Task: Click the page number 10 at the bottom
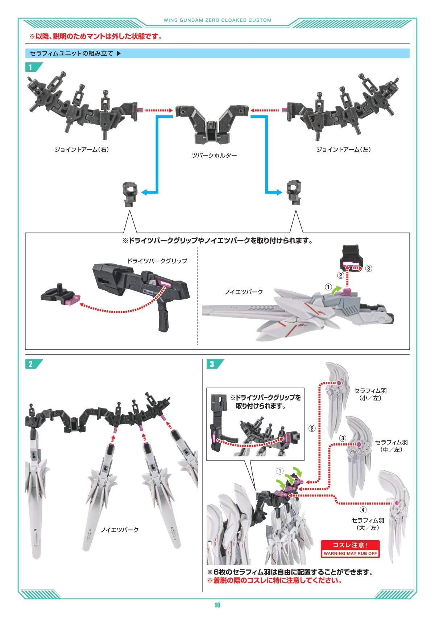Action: click(x=217, y=605)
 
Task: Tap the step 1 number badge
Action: click(x=31, y=67)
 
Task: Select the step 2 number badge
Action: click(x=31, y=364)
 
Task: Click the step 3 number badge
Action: click(x=212, y=364)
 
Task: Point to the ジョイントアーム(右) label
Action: click(x=82, y=149)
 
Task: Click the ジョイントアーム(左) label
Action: click(x=343, y=149)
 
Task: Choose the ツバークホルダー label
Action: click(x=214, y=156)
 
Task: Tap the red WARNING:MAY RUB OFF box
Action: click(x=350, y=549)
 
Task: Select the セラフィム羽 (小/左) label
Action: click(x=370, y=394)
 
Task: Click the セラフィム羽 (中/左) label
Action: click(x=391, y=446)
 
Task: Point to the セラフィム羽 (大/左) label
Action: click(x=368, y=524)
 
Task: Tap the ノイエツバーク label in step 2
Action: click(x=120, y=530)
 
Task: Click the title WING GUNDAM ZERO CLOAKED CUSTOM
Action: click(x=217, y=20)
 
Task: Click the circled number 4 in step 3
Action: click(x=363, y=510)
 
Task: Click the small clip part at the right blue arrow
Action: click(x=294, y=192)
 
